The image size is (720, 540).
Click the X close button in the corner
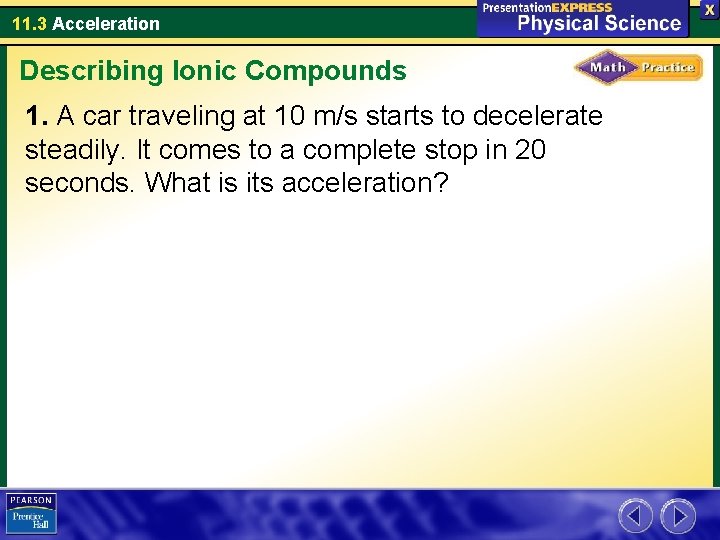pyautogui.click(x=709, y=8)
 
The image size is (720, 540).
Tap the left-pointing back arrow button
pyautogui.click(x=635, y=516)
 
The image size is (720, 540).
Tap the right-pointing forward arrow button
pyautogui.click(x=678, y=516)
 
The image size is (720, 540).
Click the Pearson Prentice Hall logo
pyautogui.click(x=31, y=514)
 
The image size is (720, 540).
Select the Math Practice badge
pyautogui.click(x=638, y=67)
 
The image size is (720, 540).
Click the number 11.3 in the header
pyautogui.click(x=29, y=23)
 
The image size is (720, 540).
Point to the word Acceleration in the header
pyautogui.click(x=105, y=23)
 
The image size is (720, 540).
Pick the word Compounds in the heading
pyautogui.click(x=325, y=71)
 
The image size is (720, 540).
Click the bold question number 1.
pyautogui.click(x=37, y=117)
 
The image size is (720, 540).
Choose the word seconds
pyautogui.click(x=81, y=183)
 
